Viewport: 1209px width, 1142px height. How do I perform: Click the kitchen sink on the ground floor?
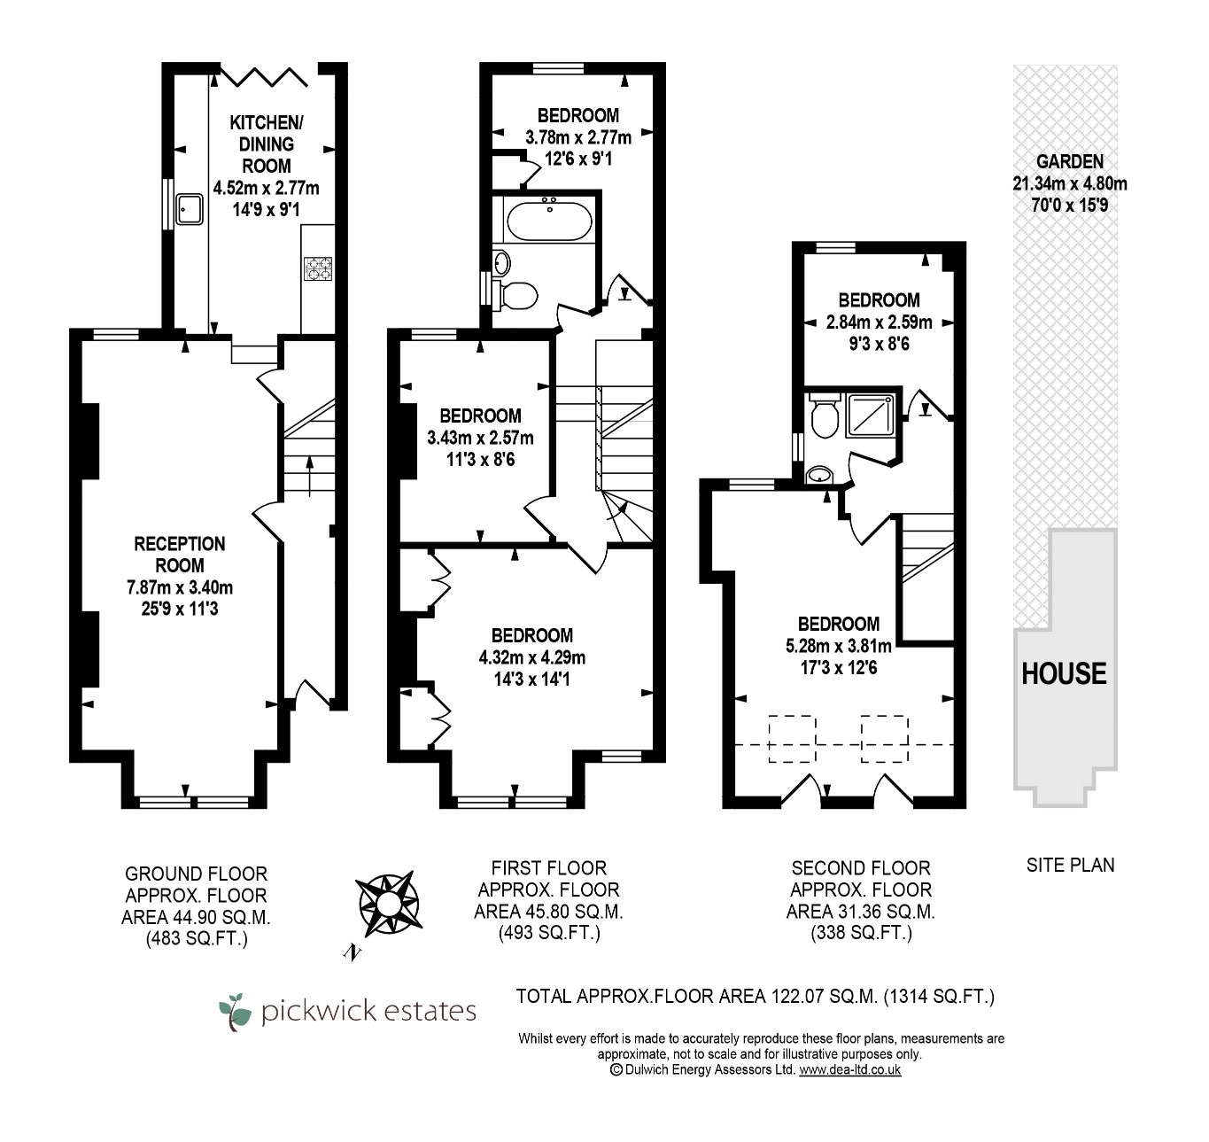(190, 209)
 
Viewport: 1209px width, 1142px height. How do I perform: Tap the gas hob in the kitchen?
(318, 268)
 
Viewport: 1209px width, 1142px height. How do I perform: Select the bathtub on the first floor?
(549, 220)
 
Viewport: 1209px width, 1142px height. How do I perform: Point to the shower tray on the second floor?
(871, 416)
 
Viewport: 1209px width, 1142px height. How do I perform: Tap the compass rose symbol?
(389, 904)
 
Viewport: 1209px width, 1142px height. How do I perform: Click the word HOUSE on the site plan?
(1064, 673)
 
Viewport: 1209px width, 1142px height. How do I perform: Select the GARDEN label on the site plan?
(1070, 161)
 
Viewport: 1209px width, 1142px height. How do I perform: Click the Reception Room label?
(180, 555)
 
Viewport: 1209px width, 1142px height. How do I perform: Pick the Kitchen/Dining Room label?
(266, 144)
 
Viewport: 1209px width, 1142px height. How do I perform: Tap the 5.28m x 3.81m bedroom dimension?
(839, 646)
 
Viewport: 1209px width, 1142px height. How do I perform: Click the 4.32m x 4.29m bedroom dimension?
(532, 657)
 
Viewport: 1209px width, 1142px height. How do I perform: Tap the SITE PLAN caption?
(1070, 865)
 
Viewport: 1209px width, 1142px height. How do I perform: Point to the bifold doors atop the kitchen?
(263, 76)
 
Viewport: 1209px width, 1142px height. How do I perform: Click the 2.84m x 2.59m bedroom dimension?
(879, 322)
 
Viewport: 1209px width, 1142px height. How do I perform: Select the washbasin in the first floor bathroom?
(501, 263)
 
